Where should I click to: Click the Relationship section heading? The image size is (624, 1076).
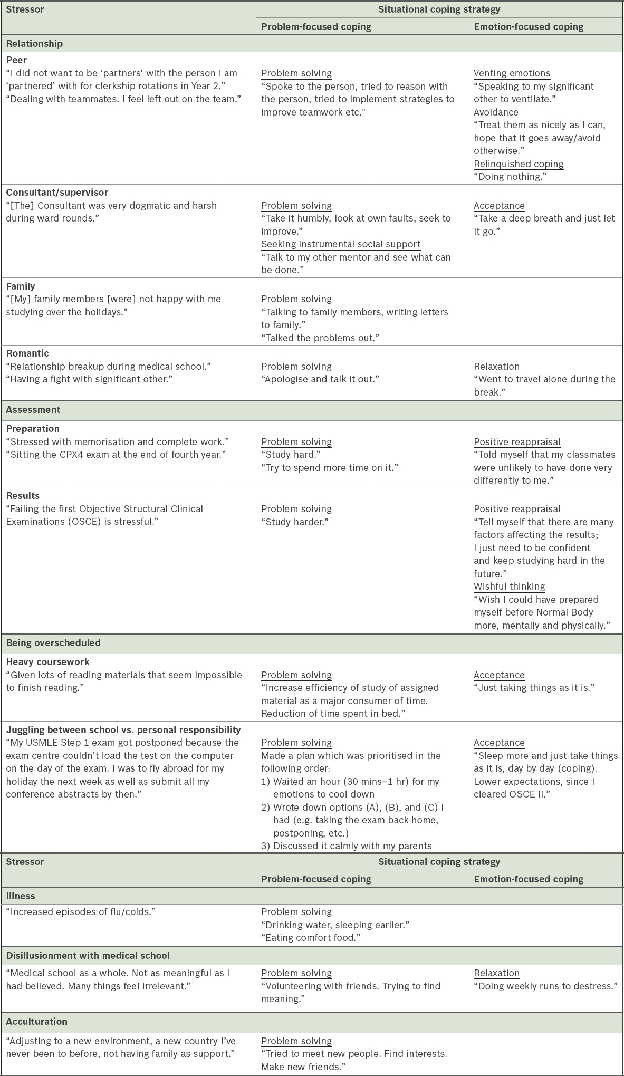point(34,44)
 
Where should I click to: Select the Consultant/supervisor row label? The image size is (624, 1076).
point(57,193)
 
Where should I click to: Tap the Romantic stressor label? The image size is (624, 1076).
point(27,353)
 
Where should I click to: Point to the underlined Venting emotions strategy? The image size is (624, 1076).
point(512,73)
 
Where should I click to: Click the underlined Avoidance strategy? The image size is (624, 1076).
point(496,112)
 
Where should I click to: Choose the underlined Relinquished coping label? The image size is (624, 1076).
point(519,164)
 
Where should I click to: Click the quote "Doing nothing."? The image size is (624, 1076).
point(510,177)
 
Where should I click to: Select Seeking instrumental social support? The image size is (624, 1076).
point(341,244)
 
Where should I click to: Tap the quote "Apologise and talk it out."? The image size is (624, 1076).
point(320,379)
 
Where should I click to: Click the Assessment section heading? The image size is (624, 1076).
point(33,410)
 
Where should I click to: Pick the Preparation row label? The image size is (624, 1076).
point(33,429)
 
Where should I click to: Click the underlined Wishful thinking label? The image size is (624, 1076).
point(509,587)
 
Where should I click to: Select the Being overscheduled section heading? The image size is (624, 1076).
point(53,643)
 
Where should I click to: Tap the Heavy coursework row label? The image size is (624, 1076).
point(48,662)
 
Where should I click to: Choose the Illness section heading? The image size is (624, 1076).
point(21,896)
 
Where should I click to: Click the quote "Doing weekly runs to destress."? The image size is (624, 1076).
point(545,986)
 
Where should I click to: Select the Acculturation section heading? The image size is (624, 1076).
point(37,1021)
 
